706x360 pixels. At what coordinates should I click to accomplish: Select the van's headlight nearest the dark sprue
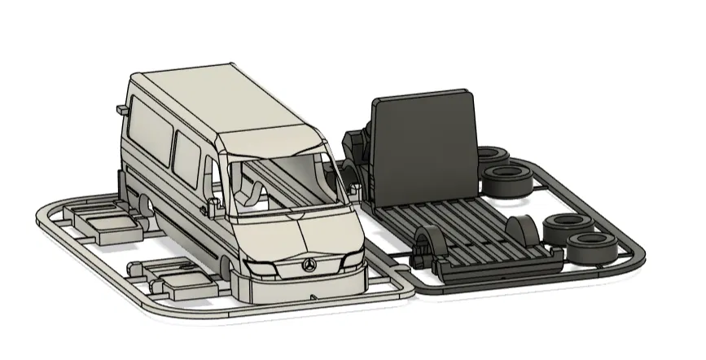353,260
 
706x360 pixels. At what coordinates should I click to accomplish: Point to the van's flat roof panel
212,102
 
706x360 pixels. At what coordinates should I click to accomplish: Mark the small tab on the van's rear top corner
122,107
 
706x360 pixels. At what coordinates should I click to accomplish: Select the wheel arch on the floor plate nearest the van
427,244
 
